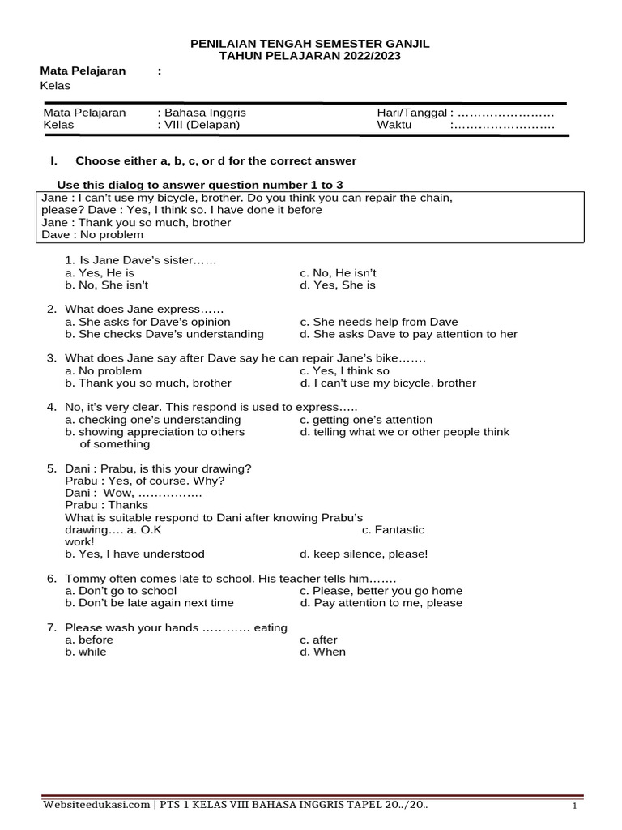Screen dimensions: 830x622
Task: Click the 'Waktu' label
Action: pos(394,125)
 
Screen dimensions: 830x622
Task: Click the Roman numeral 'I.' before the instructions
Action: pos(56,160)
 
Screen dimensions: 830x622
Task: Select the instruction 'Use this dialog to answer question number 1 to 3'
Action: pos(205,185)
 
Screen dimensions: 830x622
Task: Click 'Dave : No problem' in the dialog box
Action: pos(92,235)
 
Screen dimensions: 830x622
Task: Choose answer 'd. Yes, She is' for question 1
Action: pos(338,285)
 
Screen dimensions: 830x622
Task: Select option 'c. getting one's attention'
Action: pos(366,420)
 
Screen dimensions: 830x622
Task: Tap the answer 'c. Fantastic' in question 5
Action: pos(393,529)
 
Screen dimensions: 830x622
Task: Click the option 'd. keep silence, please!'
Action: pos(364,554)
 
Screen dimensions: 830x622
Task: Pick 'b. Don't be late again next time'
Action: pos(149,602)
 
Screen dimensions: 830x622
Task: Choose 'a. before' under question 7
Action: pos(89,640)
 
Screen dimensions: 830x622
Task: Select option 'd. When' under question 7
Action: pos(322,652)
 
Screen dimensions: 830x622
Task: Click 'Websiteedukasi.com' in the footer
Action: pos(96,805)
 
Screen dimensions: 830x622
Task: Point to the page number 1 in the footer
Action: pos(574,806)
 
